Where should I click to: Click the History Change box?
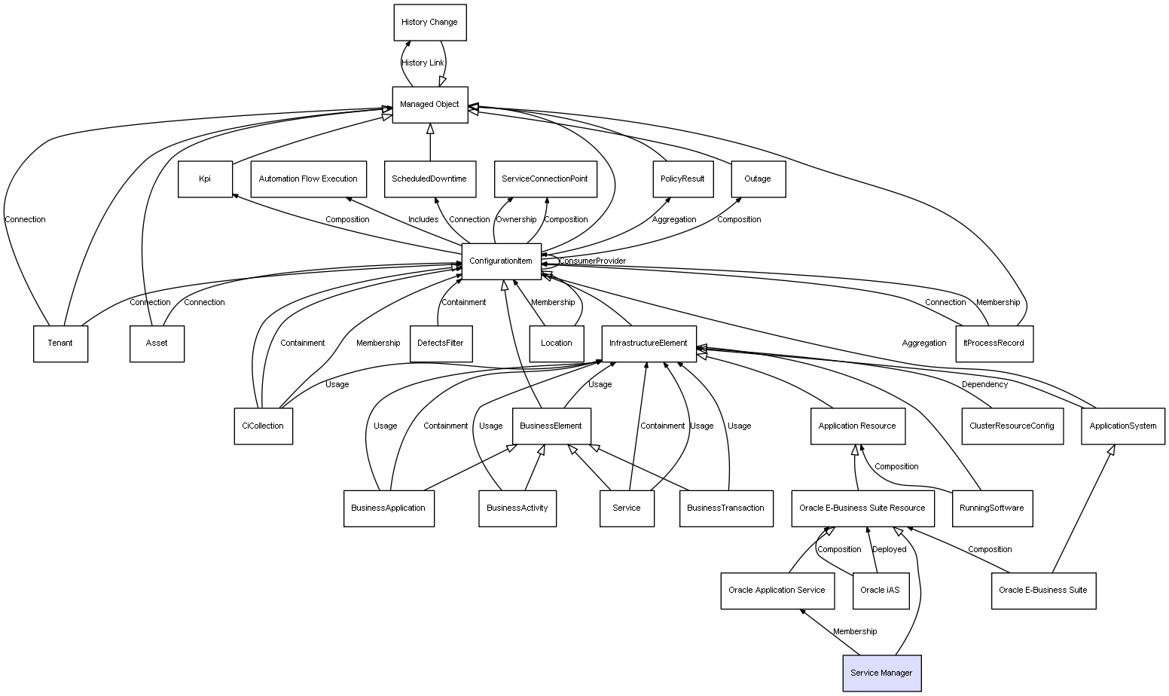click(x=429, y=23)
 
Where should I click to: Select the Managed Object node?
click(x=429, y=105)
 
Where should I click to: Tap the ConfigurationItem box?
click(x=501, y=261)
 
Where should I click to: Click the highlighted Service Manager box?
click(x=881, y=673)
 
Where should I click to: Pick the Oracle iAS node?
click(x=880, y=590)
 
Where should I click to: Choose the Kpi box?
click(x=205, y=179)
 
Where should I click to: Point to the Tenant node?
click(x=60, y=343)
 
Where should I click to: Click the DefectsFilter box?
click(x=441, y=343)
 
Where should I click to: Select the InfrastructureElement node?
click(x=649, y=343)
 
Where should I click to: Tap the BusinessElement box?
click(x=551, y=426)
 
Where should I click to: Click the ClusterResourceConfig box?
click(x=1012, y=426)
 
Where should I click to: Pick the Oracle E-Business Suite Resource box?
click(x=862, y=508)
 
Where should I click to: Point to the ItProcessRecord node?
click(x=994, y=343)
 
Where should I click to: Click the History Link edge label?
click(x=423, y=63)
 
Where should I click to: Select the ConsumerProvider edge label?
click(x=592, y=261)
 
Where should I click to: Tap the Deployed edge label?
click(x=890, y=550)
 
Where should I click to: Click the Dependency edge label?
click(x=984, y=385)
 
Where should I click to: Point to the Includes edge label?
click(x=423, y=220)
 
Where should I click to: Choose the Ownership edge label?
click(x=517, y=220)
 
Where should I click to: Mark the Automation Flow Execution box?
click(x=308, y=179)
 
